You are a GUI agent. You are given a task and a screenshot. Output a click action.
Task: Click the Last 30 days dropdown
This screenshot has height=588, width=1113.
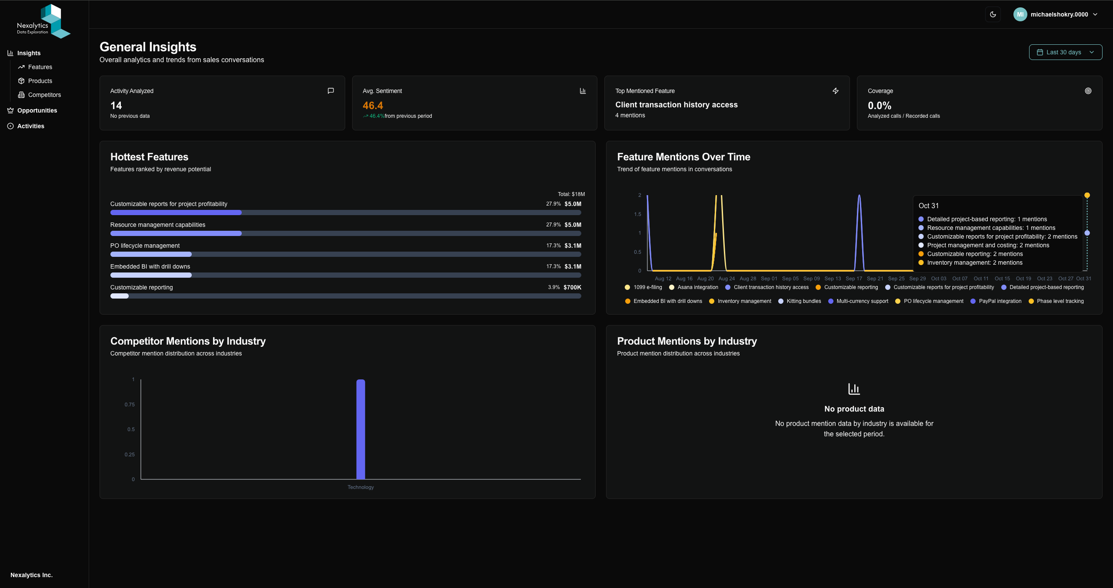click(1065, 52)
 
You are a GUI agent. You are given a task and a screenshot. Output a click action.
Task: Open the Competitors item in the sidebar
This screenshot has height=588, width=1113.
click(44, 95)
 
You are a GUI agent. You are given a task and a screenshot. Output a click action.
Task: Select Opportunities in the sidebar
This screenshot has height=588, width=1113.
click(37, 110)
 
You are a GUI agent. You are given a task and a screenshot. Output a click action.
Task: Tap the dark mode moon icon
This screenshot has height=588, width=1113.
click(993, 14)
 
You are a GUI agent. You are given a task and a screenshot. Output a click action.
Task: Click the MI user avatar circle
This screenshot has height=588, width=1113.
click(1020, 14)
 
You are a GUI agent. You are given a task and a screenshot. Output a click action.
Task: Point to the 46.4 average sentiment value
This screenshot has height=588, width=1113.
click(373, 106)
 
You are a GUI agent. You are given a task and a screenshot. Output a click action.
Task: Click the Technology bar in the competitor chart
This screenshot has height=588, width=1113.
click(360, 429)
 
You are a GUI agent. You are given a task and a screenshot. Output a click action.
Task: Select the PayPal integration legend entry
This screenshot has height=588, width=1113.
click(1000, 301)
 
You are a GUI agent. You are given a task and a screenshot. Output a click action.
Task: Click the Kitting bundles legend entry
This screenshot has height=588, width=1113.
click(803, 301)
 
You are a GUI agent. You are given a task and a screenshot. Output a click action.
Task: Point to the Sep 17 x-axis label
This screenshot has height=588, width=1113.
click(853, 279)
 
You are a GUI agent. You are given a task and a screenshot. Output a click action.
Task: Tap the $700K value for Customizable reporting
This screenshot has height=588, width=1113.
click(572, 287)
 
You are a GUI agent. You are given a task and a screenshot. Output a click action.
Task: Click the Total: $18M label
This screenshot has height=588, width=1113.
click(571, 194)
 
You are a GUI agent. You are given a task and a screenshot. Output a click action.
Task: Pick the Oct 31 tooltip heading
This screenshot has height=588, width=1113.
click(928, 206)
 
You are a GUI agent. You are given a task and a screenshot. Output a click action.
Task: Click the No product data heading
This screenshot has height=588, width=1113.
click(854, 409)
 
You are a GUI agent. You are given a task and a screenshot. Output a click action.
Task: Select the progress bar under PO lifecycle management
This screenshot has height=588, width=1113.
click(345, 254)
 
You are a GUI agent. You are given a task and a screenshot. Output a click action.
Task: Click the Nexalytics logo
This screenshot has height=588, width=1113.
click(43, 22)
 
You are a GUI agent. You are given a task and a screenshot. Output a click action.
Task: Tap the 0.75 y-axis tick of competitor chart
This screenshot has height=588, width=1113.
click(130, 405)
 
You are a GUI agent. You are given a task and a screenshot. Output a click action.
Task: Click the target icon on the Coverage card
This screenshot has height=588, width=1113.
click(1088, 91)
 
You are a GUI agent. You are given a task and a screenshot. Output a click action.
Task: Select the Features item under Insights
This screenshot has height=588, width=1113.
click(40, 67)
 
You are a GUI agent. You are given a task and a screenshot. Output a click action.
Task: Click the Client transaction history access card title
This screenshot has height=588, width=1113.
click(676, 105)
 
